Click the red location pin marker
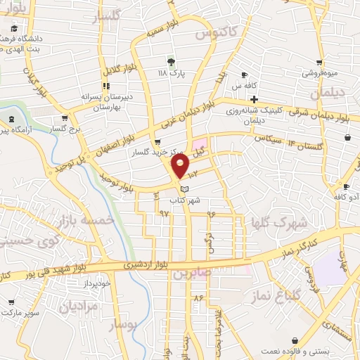[x=181, y=166]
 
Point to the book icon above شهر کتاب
[x=185, y=189]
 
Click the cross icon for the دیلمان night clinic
[x=253, y=99]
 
